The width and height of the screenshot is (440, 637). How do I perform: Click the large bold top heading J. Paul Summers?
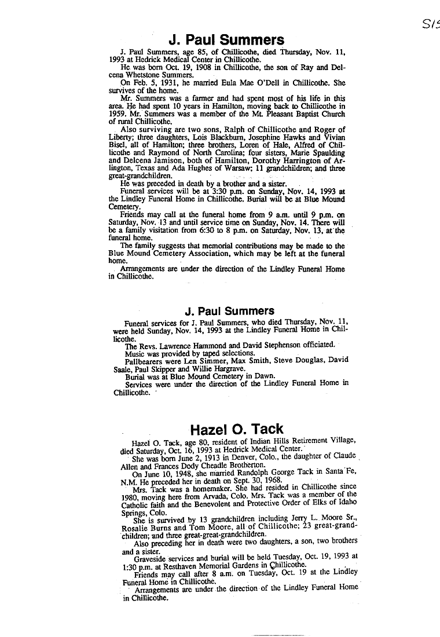226,39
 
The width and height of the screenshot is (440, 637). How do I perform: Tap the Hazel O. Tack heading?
237,429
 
